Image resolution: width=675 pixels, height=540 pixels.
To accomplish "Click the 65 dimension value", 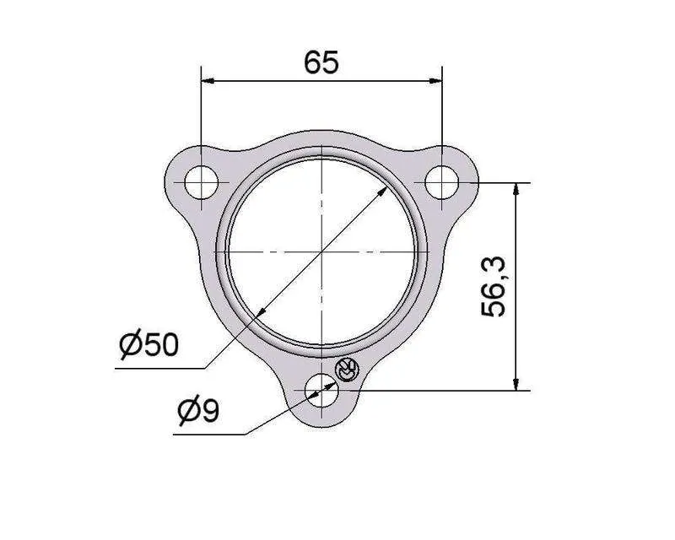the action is tap(321, 62).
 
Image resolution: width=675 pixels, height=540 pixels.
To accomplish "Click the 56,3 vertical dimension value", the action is tap(494, 286).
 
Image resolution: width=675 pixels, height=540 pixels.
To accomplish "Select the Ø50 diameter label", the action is tap(148, 343).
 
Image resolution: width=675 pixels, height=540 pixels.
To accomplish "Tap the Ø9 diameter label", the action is tap(198, 410).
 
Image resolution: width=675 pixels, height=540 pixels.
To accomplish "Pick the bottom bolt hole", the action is tap(321, 391).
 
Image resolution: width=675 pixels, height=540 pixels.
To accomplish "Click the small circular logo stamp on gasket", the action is tap(347, 370).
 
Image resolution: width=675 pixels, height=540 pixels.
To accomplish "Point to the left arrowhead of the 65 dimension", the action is tap(208, 80).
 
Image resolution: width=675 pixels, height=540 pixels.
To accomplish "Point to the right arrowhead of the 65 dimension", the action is tap(435, 80).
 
